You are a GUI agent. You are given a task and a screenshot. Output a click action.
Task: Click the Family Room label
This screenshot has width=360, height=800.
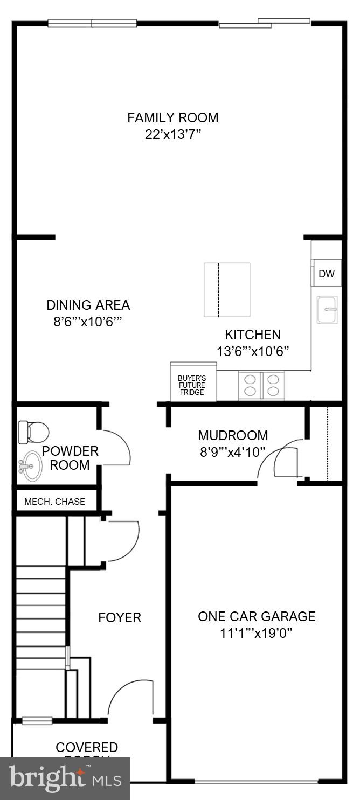coord(172,117)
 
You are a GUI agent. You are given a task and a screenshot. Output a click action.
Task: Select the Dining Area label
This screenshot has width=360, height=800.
coord(88,305)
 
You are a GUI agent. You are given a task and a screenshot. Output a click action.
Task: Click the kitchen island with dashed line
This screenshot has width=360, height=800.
coord(227,290)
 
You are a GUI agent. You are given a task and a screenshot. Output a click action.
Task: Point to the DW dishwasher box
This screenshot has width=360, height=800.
coord(326,274)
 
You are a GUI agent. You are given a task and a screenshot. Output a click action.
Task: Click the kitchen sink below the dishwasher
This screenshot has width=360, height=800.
coord(327,310)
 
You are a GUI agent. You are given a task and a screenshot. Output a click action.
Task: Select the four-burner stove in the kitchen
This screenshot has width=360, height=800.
coord(261,386)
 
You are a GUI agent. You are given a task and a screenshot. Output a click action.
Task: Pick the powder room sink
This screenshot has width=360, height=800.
coord(31,465)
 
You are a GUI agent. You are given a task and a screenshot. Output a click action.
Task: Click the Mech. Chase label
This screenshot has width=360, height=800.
coord(54,502)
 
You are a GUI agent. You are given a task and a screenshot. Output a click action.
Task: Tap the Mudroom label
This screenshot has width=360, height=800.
coord(233,435)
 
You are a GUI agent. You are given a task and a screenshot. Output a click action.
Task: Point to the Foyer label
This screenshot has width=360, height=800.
coord(120,617)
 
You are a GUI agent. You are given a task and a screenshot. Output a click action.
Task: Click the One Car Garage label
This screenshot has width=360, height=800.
coord(257,616)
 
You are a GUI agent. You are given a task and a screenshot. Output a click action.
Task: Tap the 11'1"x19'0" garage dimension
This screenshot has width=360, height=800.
coord(257,633)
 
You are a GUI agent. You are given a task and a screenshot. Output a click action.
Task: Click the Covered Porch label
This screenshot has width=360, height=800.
coord(87,748)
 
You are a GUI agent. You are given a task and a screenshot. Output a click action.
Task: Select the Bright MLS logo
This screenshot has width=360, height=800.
coord(65,778)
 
